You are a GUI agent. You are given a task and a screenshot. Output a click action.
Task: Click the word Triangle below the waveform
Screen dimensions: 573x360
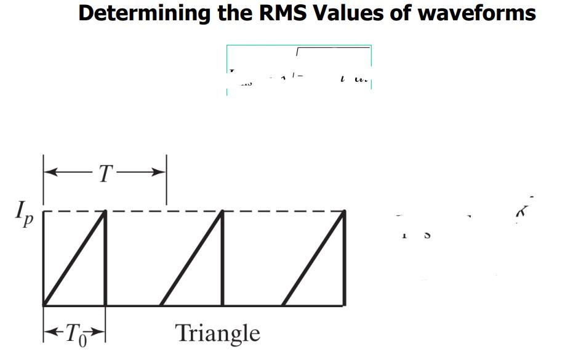218,334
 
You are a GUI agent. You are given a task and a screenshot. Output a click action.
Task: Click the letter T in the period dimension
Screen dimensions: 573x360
105,175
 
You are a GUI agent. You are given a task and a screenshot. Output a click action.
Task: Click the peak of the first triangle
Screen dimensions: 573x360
105,212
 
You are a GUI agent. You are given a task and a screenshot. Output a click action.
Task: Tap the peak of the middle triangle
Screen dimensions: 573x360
222,212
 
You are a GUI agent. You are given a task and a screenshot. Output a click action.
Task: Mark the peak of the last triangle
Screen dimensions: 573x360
343,212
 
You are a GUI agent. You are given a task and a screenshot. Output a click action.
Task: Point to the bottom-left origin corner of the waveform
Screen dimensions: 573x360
44,304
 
